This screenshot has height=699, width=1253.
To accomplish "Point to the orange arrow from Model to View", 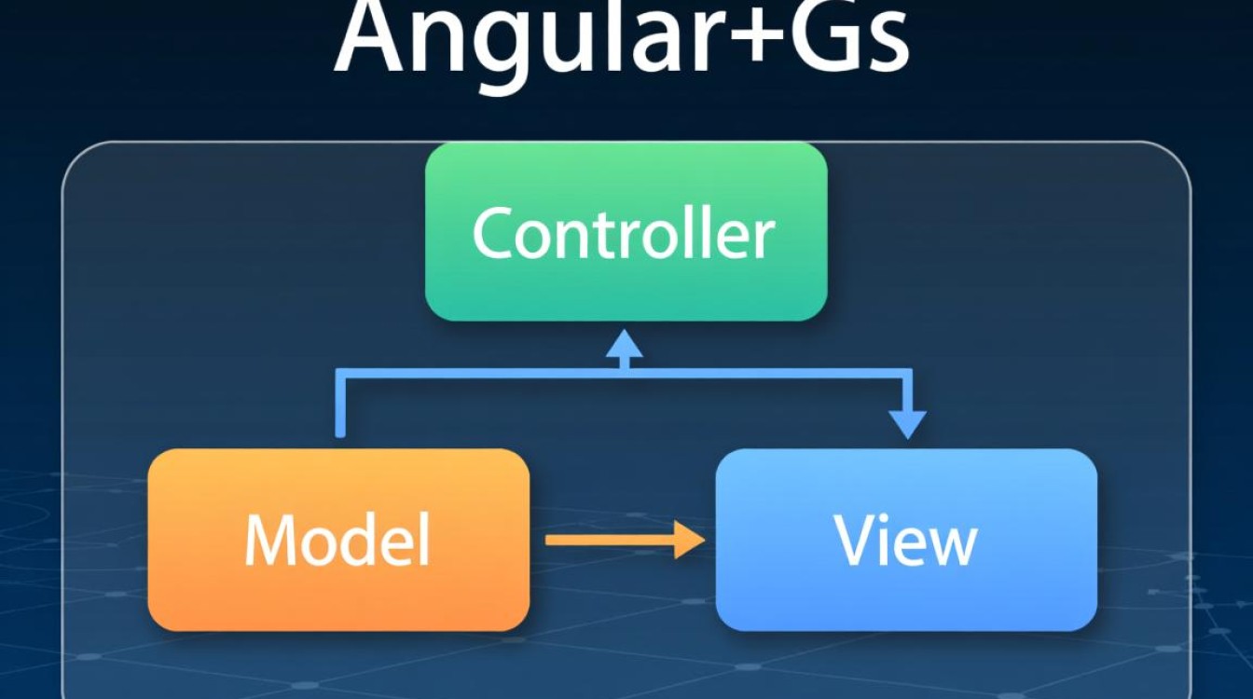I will pyautogui.click(x=615, y=540).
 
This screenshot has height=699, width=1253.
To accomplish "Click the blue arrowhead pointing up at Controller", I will pyautogui.click(x=625, y=344).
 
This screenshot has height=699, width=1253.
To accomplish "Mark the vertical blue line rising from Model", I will pyautogui.click(x=341, y=405).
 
